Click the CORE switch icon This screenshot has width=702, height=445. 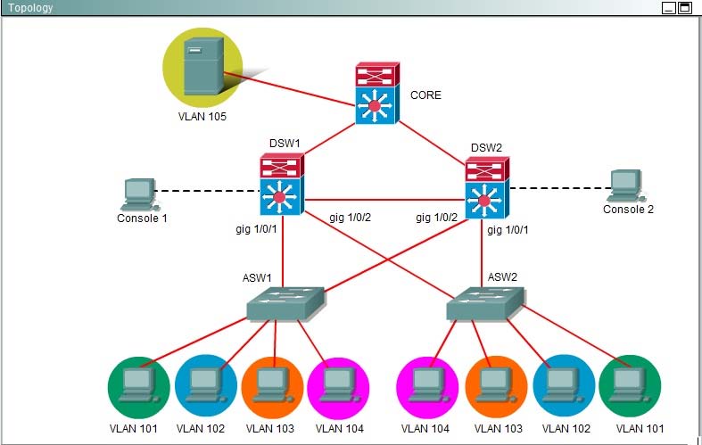coord(376,94)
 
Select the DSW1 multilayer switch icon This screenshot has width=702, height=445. coord(282,185)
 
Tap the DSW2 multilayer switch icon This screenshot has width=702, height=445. coord(486,188)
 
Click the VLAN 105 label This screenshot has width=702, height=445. coord(202,117)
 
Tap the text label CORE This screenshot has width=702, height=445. coord(425,95)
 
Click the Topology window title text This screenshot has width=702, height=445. coord(30,8)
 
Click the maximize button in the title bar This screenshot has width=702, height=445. coord(685,8)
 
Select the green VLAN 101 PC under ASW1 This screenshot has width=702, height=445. coord(138,386)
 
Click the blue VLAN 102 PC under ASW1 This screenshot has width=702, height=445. coord(205,386)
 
